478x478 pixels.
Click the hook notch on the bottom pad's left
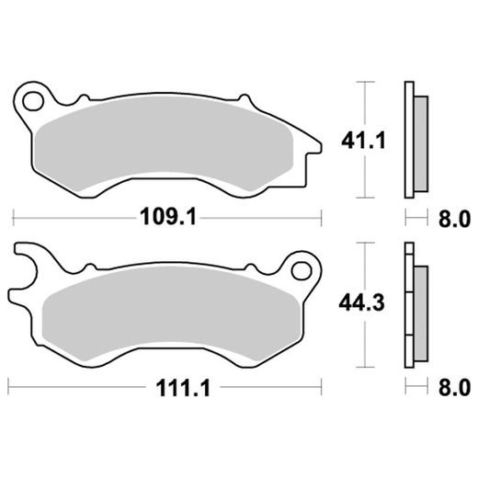pyautogui.click(x=28, y=267)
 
